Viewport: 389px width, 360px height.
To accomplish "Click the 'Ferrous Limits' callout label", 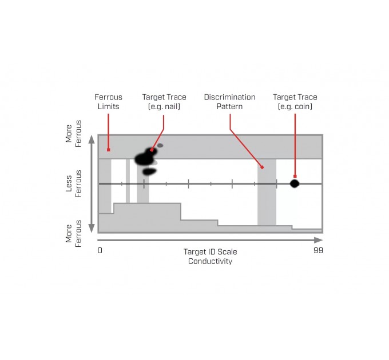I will (108, 102).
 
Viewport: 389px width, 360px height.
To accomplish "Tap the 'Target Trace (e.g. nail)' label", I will (164, 102).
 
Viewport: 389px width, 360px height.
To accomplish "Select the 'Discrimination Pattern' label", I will (229, 102).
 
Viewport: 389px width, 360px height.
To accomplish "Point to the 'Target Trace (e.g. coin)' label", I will (295, 102).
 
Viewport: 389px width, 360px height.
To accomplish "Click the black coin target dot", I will (295, 183).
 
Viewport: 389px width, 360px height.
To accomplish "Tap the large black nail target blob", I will (143, 159).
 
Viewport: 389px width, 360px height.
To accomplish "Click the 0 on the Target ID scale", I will (100, 250).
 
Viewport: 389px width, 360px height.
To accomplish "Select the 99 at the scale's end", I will (318, 250).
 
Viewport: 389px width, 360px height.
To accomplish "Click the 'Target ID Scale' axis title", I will (210, 251).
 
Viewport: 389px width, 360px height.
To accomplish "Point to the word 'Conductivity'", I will (210, 261).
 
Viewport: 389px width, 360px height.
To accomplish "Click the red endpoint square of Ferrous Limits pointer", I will (108, 150).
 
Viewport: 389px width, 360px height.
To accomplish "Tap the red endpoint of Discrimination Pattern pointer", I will (262, 167).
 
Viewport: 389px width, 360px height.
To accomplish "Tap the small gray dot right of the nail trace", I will (160, 146).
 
